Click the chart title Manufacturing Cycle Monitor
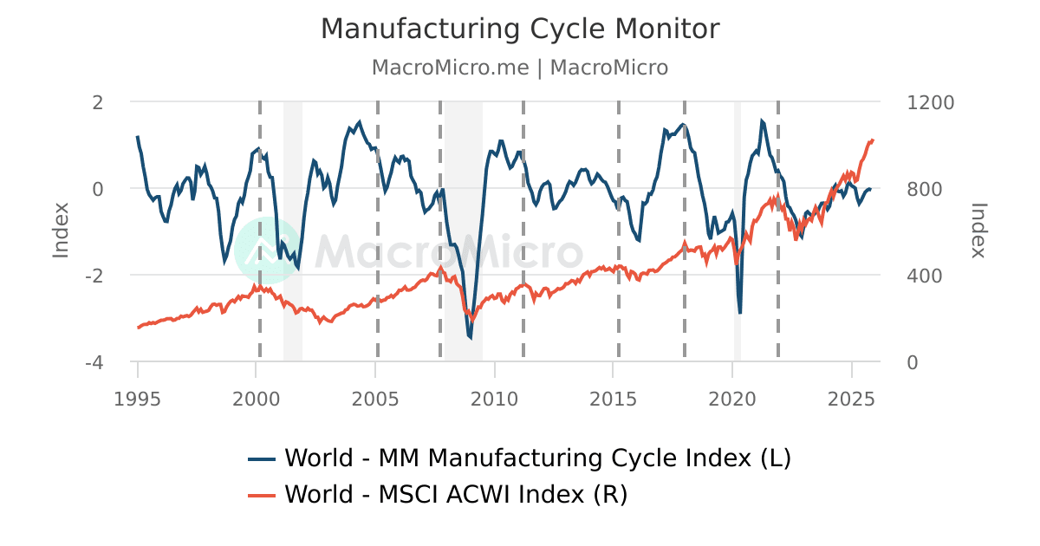click(x=520, y=29)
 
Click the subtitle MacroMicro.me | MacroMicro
click(x=520, y=68)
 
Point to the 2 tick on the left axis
click(x=97, y=102)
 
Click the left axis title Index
click(x=61, y=230)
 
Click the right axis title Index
click(x=978, y=230)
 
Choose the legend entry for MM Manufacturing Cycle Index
click(x=520, y=458)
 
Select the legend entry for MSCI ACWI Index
click(x=438, y=495)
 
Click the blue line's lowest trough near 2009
click(x=471, y=337)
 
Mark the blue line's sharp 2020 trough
click(x=740, y=312)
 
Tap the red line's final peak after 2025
click(x=872, y=139)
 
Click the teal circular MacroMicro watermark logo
click(x=268, y=250)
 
